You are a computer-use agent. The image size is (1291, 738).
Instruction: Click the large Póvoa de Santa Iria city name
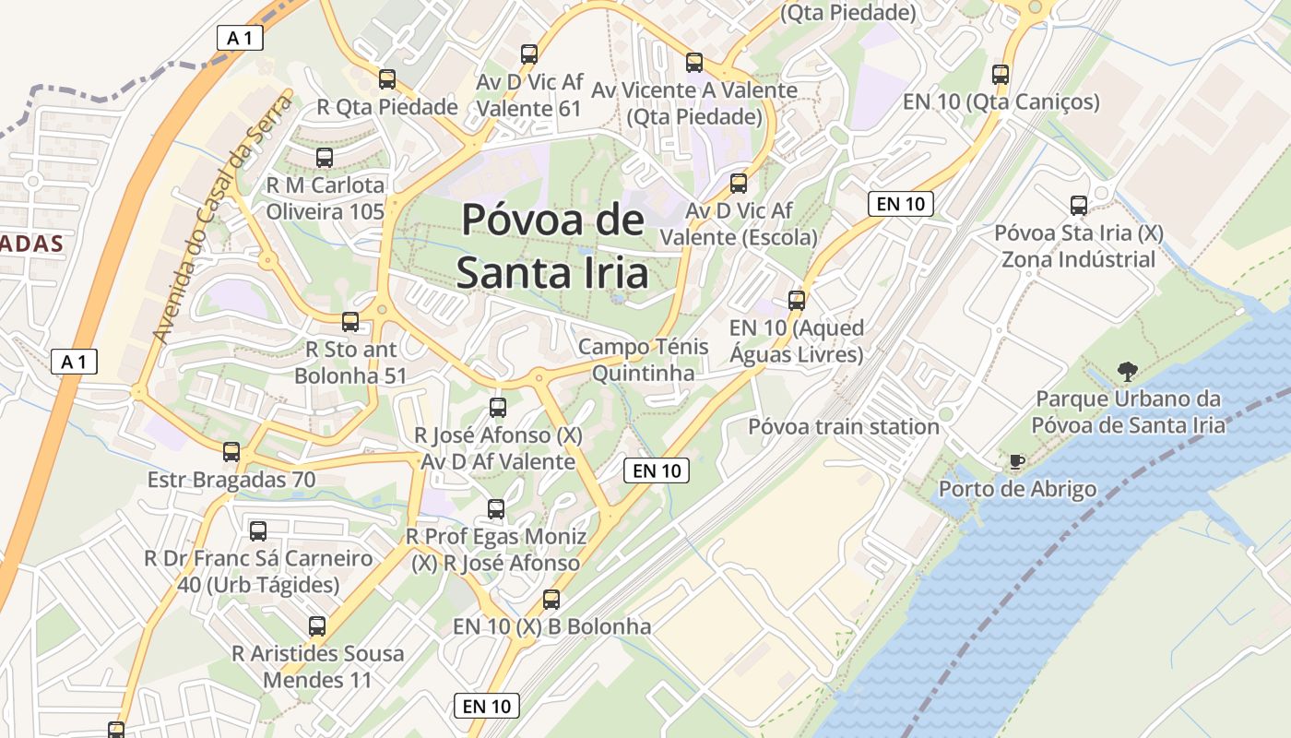[552, 246]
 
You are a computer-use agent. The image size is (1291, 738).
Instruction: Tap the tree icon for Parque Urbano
[1126, 373]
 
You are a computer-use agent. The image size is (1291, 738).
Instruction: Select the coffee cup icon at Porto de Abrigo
[1016, 461]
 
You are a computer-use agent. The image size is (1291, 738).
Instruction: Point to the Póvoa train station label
[843, 426]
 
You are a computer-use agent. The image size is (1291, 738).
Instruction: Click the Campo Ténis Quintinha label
[643, 360]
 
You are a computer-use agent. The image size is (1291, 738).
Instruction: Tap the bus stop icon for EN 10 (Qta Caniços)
[1001, 75]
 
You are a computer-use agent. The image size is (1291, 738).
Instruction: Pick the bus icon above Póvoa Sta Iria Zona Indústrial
[1079, 206]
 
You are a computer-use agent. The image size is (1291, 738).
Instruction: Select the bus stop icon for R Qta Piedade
[387, 79]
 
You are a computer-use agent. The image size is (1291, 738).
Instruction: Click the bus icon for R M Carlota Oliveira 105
[325, 158]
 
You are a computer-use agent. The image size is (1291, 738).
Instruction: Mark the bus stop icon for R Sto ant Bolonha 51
[350, 322]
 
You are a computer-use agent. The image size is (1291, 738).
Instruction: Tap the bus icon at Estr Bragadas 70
[231, 452]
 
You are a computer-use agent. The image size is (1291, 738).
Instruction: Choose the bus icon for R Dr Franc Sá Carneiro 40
[258, 531]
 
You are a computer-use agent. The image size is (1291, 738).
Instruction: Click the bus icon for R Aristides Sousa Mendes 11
[317, 626]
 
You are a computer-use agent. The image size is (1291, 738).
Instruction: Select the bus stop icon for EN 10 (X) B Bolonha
[551, 600]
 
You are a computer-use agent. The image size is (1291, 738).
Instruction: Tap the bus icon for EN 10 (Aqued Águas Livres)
[797, 301]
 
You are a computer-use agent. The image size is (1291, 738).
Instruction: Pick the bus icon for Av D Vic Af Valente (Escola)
[739, 184]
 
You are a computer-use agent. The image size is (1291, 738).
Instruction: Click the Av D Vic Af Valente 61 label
[529, 95]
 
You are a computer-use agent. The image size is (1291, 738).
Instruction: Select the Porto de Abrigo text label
[1017, 489]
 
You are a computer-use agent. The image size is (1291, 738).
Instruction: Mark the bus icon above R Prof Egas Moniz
[496, 509]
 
